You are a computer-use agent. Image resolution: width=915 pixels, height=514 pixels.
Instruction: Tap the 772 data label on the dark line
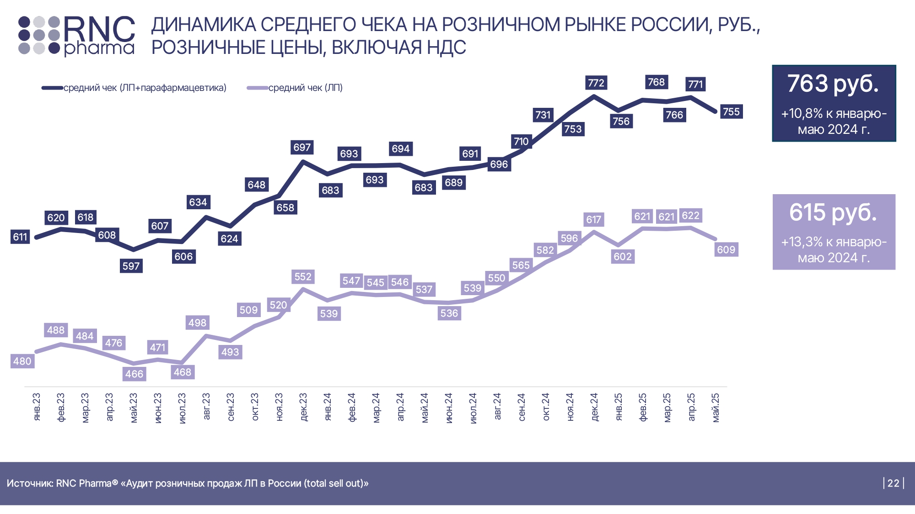596,83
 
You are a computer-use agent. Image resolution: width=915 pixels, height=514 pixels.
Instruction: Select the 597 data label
131,266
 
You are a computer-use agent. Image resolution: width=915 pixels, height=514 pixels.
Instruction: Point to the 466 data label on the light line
134,374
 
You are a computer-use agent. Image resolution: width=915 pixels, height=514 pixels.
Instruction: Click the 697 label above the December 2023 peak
302,147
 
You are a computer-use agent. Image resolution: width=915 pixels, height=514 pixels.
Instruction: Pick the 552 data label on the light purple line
303,276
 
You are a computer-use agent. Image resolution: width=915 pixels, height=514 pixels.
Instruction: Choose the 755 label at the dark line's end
731,111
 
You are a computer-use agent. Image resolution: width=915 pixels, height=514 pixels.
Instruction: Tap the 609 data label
726,249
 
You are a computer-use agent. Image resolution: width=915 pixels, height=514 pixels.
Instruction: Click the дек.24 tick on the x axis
594,407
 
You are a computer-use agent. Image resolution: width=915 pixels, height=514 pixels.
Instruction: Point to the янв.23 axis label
37,407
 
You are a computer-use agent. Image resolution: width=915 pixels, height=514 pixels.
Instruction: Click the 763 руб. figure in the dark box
833,84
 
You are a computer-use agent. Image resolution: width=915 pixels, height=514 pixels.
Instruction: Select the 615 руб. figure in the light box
833,212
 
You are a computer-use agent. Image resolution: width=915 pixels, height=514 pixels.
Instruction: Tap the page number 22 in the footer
893,483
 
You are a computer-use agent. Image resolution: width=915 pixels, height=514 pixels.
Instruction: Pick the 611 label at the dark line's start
20,237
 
